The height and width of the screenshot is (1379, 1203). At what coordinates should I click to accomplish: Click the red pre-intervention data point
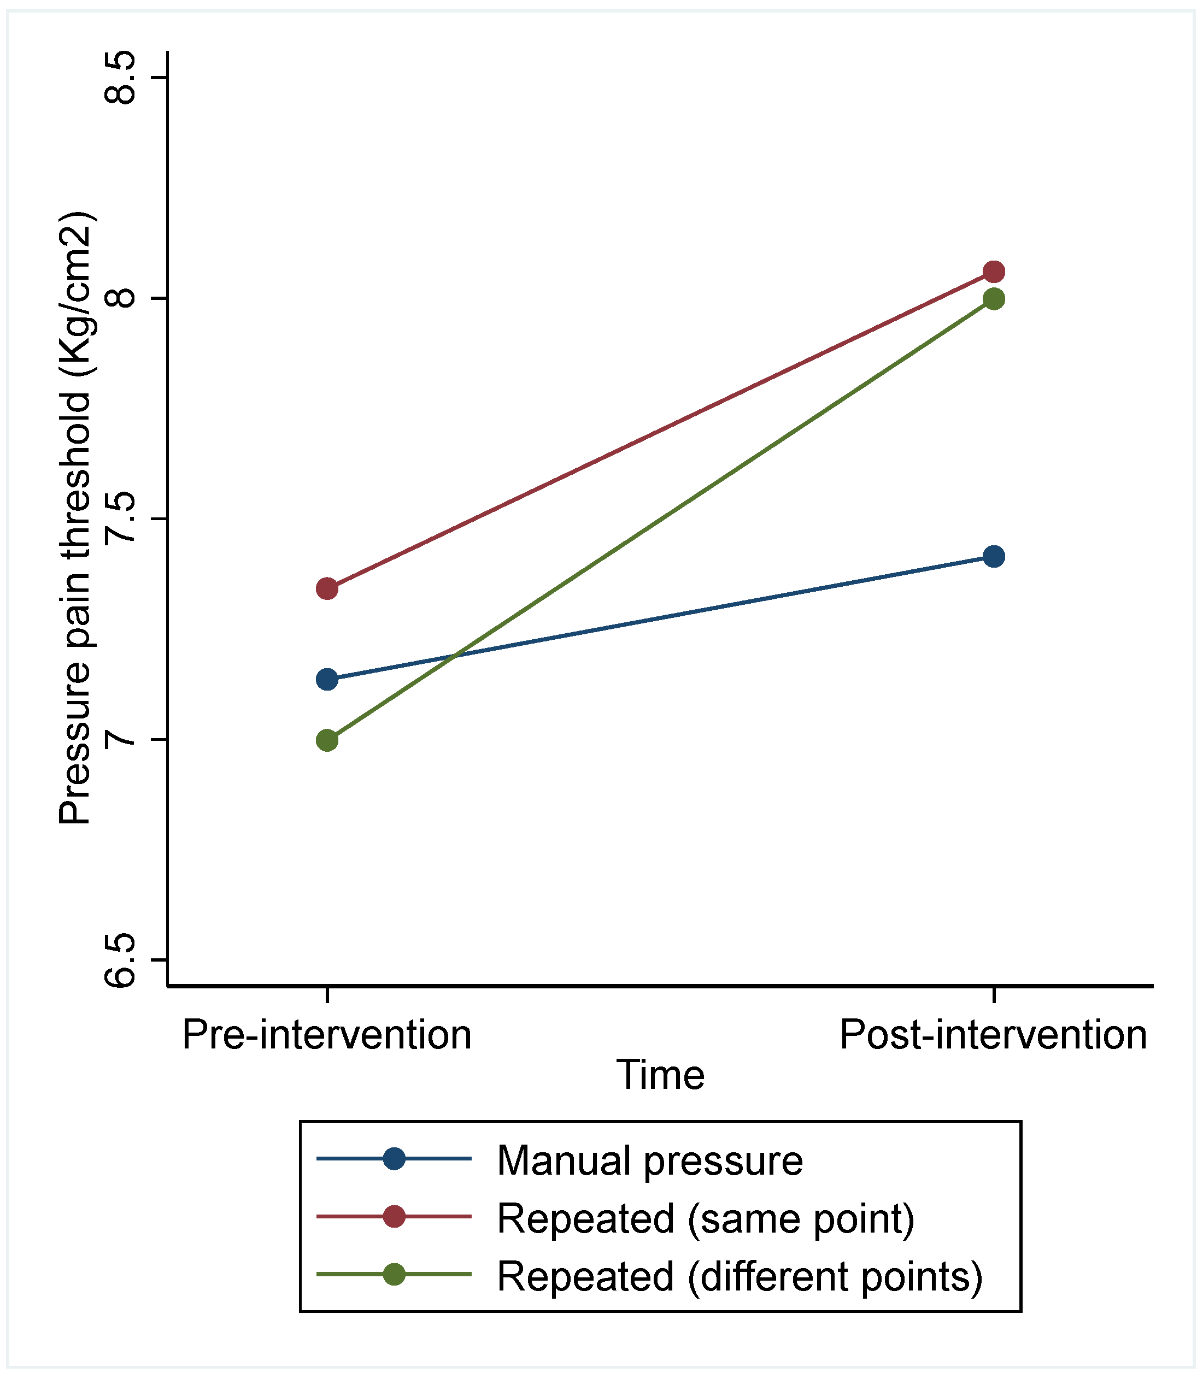click(327, 589)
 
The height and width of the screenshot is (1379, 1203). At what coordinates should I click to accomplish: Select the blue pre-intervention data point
click(327, 679)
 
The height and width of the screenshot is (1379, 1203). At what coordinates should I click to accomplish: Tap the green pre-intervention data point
click(327, 740)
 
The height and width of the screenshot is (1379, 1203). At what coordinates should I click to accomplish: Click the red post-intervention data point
click(994, 272)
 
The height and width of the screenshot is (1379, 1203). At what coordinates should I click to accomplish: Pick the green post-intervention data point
click(994, 299)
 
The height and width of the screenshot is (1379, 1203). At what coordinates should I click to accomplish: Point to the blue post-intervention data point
click(994, 556)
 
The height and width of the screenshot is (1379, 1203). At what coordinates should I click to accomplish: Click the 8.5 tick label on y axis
click(121, 77)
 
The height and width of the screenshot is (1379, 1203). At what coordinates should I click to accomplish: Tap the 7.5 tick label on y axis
click(121, 518)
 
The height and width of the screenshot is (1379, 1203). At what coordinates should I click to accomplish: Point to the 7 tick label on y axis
click(121, 740)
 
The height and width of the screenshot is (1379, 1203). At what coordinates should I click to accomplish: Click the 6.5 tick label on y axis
click(121, 960)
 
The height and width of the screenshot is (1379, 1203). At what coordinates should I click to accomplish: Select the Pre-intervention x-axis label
click(327, 1035)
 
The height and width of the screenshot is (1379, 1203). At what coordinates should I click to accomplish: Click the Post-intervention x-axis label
click(993, 1035)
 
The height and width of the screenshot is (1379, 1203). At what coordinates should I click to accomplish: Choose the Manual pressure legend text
click(649, 1160)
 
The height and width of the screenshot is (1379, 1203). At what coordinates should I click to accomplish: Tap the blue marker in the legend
click(394, 1159)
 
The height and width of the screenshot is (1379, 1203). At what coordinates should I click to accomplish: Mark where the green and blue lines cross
click(456, 655)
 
